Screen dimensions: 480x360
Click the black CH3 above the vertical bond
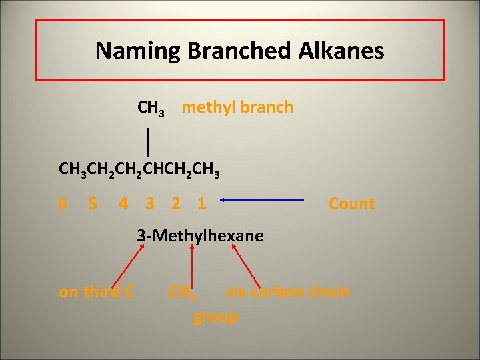pos(151,107)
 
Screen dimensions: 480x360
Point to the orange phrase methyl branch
pos(237,107)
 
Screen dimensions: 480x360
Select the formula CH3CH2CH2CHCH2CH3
pos(139,171)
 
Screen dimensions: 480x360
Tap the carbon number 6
pos(63,203)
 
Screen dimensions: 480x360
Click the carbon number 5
pos(93,203)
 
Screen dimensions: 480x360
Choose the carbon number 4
pos(123,203)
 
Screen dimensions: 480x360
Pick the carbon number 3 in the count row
pos(150,203)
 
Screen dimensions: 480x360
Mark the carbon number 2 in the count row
pos(175,203)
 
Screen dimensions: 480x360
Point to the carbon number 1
pos(201,203)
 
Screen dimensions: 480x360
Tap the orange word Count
pos(351,203)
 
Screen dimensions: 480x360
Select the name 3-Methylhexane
pos(200,235)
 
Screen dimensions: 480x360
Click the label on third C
pos(97,291)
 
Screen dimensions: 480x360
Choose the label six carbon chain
pos(287,291)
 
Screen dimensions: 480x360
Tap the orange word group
pos(215,317)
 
